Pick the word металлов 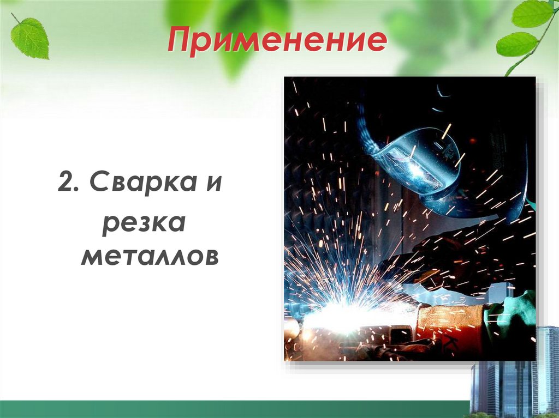coord(149,256)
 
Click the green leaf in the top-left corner coord(31,38)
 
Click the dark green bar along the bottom coord(235,409)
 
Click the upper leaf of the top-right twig coord(532,14)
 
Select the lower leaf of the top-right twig coord(516,44)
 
